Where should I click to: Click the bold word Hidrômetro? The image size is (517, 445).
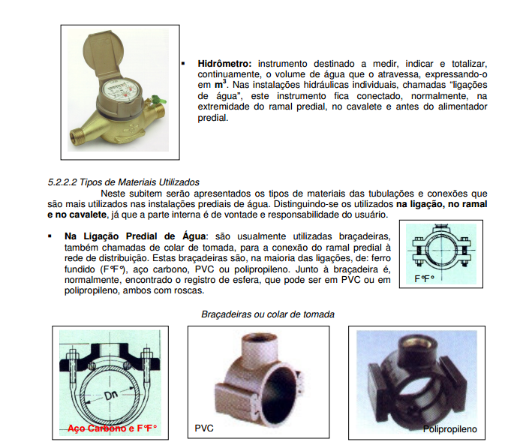pyautogui.click(x=224, y=64)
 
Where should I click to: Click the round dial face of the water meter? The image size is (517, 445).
pyautogui.click(x=120, y=89)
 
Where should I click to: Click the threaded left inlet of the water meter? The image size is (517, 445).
pyautogui.click(x=76, y=135)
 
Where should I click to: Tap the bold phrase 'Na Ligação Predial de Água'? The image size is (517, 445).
pyautogui.click(x=135, y=236)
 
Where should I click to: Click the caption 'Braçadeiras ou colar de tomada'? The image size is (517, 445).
pyautogui.click(x=268, y=314)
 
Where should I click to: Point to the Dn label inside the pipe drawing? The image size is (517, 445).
pyautogui.click(x=111, y=395)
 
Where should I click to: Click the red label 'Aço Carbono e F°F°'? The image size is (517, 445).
pyautogui.click(x=112, y=428)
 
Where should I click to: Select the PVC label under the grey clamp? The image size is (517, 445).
pyautogui.click(x=204, y=428)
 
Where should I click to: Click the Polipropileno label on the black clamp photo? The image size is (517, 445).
pyautogui.click(x=450, y=429)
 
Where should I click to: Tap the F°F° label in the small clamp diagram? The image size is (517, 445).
pyautogui.click(x=425, y=279)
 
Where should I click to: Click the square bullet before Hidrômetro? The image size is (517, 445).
pyautogui.click(x=183, y=63)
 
